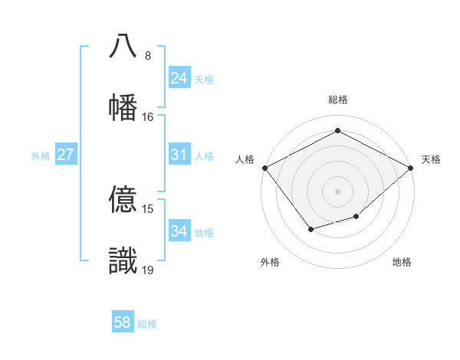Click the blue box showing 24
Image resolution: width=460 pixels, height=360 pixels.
click(x=179, y=78)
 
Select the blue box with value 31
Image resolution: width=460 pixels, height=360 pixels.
click(x=179, y=155)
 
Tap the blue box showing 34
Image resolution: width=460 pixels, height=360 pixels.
click(x=179, y=231)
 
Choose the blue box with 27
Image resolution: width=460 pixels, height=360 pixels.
click(x=65, y=155)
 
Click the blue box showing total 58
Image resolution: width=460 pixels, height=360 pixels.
click(x=123, y=322)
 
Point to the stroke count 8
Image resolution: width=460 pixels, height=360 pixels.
click(x=147, y=56)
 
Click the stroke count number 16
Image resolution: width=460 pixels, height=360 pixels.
click(x=148, y=117)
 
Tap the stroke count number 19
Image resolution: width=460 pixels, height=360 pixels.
click(x=148, y=270)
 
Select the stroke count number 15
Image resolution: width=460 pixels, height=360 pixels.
click(x=148, y=209)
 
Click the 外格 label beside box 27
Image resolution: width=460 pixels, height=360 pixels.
click(x=41, y=156)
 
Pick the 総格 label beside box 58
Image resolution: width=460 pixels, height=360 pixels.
click(x=147, y=324)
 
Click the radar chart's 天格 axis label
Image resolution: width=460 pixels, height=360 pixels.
click(x=431, y=159)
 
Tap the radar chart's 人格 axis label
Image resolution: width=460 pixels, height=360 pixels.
click(x=245, y=159)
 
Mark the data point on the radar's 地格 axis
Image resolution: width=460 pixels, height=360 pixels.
click(x=356, y=217)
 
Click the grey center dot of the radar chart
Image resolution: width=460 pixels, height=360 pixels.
click(x=337, y=191)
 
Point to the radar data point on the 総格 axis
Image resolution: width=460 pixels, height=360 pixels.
click(x=337, y=131)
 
